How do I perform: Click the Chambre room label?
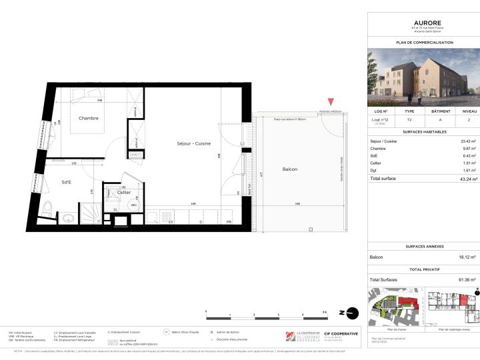tap(89, 119)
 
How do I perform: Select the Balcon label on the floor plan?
tap(289, 169)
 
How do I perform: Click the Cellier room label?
tap(124, 193)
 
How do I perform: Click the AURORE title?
tap(423, 22)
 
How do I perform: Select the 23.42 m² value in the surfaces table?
tap(469, 141)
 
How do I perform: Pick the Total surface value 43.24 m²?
tap(467, 179)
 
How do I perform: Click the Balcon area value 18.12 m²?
tap(469, 257)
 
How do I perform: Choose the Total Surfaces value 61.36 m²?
tap(467, 279)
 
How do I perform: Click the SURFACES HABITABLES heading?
tap(423, 131)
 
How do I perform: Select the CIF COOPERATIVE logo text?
tap(341, 333)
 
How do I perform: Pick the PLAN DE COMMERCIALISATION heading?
tap(423, 42)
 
